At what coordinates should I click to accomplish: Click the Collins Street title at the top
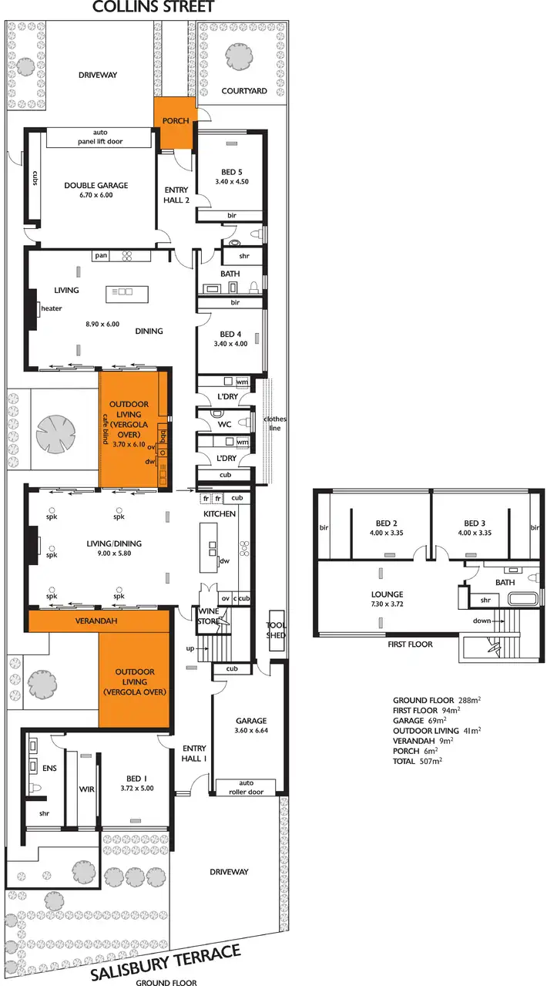(x=153, y=8)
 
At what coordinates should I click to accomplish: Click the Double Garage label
(x=96, y=185)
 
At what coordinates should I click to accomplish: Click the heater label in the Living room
(x=52, y=308)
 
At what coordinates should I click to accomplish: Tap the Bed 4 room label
(x=230, y=334)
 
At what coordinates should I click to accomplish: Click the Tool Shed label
(x=276, y=630)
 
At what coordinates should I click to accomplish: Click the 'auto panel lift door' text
(x=95, y=136)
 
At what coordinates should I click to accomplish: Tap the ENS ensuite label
(x=49, y=768)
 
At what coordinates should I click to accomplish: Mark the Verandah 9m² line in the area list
(x=423, y=740)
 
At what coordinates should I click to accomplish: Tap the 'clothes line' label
(x=275, y=425)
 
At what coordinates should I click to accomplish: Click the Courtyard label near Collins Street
(x=244, y=91)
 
